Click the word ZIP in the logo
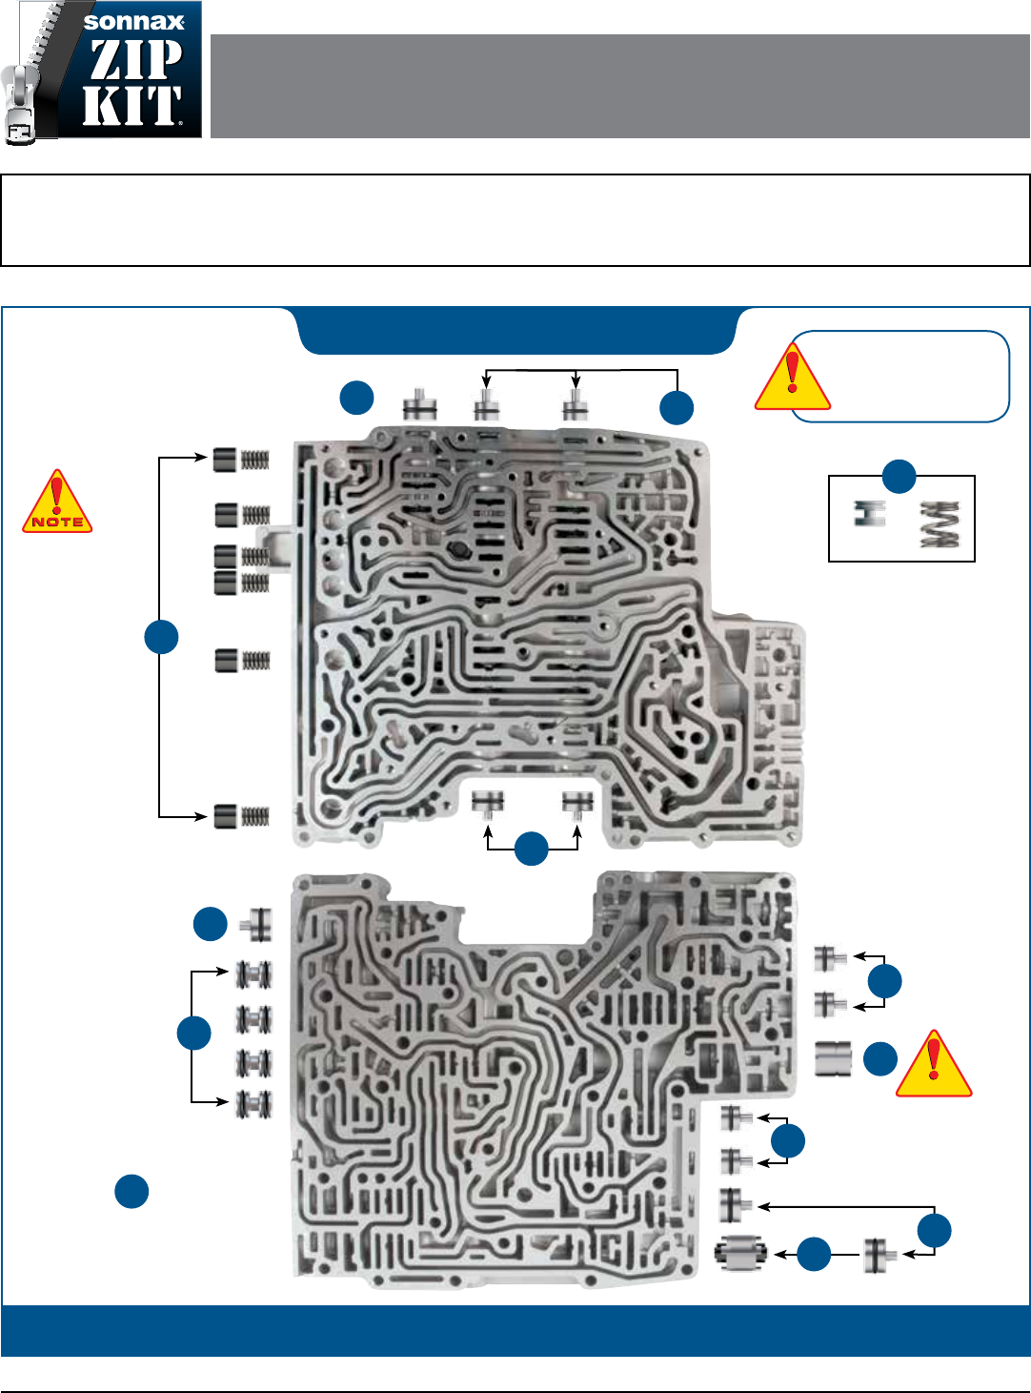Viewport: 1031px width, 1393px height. [135, 59]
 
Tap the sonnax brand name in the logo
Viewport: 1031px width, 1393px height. [133, 22]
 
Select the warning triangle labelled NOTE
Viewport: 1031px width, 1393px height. [57, 502]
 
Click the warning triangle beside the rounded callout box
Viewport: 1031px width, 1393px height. [792, 378]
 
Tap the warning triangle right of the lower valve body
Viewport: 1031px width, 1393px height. [934, 1064]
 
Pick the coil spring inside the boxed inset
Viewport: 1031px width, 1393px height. [940, 525]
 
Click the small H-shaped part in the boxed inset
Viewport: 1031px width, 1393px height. [870, 513]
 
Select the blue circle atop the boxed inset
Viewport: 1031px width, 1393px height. [899, 476]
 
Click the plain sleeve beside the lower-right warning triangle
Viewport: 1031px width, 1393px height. [833, 1058]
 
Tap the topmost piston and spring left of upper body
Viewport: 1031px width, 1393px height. [241, 460]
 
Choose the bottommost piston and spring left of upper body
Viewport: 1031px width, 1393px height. [241, 816]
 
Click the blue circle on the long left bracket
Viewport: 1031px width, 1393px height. [161, 637]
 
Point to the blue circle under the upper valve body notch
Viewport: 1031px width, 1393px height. [531, 849]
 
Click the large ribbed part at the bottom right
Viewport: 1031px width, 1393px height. [740, 1254]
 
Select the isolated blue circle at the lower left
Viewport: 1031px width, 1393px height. [131, 1191]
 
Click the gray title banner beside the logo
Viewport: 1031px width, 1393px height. [619, 87]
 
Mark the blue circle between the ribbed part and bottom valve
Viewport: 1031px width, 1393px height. [813, 1255]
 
